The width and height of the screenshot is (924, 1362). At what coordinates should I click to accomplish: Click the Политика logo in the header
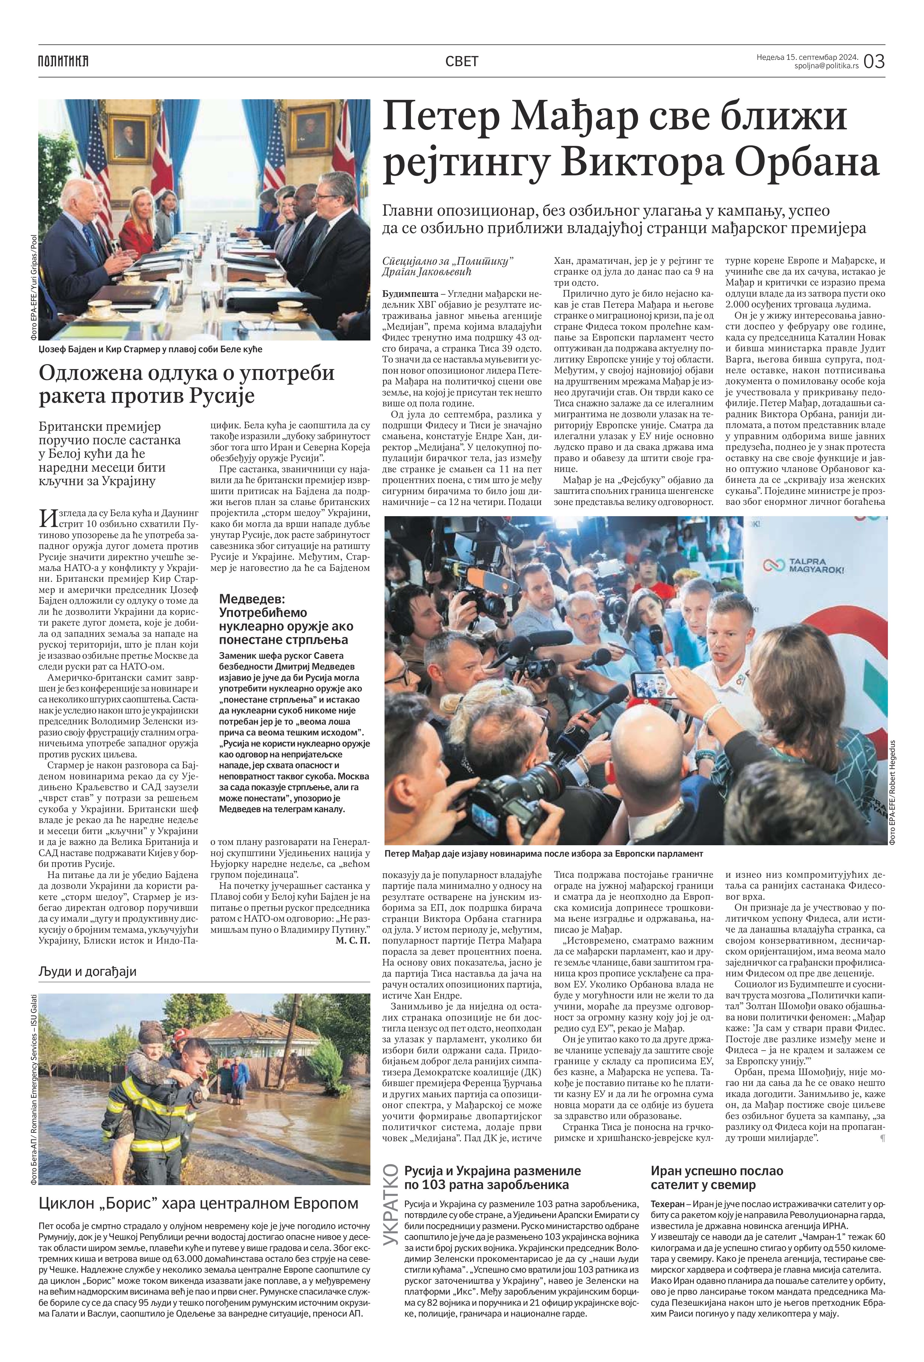(x=63, y=61)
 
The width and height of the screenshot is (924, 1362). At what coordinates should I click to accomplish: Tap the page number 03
(x=873, y=61)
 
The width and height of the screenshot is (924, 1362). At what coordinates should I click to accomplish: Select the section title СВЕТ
(x=462, y=61)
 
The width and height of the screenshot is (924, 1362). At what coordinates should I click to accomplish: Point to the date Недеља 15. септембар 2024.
(x=807, y=57)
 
